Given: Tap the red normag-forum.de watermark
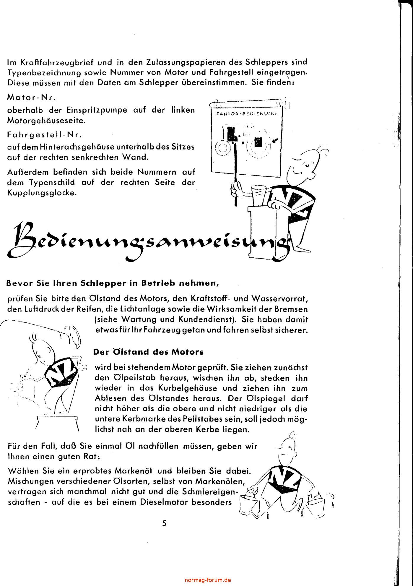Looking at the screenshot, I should (x=208, y=580).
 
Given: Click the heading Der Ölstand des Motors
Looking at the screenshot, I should (x=148, y=352).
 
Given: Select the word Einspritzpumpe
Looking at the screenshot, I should (x=97, y=110).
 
